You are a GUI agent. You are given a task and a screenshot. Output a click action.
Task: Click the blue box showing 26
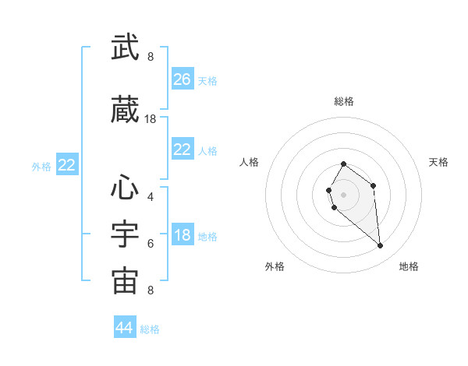pyautogui.click(x=183, y=79)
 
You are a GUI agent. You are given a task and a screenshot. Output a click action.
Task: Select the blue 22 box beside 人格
pyautogui.click(x=183, y=150)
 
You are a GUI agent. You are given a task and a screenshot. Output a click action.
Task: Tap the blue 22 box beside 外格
pyautogui.click(x=67, y=165)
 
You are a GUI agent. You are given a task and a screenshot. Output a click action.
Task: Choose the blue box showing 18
pyautogui.click(x=183, y=235)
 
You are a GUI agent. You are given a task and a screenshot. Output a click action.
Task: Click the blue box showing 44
pyautogui.click(x=125, y=328)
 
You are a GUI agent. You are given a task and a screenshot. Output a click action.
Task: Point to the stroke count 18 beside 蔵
pyautogui.click(x=151, y=119)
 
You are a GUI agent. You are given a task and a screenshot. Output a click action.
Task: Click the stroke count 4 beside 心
pyautogui.click(x=151, y=196)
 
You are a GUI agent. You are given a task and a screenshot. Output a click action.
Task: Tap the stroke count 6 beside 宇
pyautogui.click(x=151, y=243)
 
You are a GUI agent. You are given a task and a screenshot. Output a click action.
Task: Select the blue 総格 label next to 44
pyautogui.click(x=150, y=329)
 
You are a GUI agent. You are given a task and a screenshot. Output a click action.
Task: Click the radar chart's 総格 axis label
pyautogui.click(x=343, y=101)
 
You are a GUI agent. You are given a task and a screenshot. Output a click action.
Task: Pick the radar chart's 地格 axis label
pyautogui.click(x=409, y=266)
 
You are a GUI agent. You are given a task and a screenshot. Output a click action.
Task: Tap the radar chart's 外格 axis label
pyautogui.click(x=275, y=266)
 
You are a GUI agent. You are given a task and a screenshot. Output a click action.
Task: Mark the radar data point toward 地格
pyautogui.click(x=381, y=246)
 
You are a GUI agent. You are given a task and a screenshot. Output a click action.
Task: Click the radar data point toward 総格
pyautogui.click(x=343, y=164)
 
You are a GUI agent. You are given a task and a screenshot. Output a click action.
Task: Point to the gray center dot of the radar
pyautogui.click(x=343, y=194)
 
